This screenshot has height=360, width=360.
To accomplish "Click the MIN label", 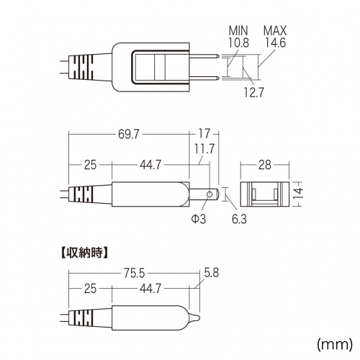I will tap(238, 31).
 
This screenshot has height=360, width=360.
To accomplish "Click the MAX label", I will tap(275, 31).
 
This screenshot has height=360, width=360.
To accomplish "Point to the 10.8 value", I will tap(238, 43).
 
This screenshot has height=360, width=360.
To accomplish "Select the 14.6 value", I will tap(275, 43).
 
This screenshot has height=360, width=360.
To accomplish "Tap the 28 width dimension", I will tap(264, 166).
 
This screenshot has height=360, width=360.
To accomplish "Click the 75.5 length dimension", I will tap(133, 274).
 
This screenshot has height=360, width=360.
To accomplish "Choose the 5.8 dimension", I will tap(212, 274).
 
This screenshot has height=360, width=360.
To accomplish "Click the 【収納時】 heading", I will tap(81, 253).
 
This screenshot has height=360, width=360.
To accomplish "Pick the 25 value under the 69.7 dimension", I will tap(89, 166).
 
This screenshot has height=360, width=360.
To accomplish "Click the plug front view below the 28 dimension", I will tap(264, 194).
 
